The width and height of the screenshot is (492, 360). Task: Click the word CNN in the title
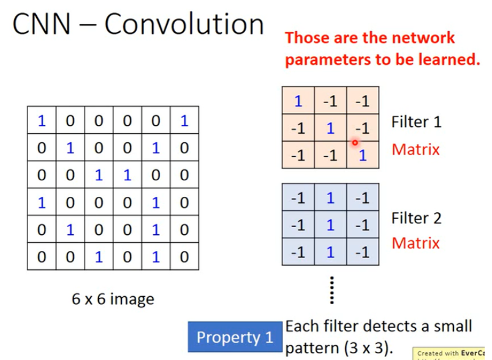pos(42,25)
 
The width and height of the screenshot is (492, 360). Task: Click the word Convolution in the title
pos(183,25)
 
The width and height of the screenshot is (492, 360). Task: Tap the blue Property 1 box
pos(235,337)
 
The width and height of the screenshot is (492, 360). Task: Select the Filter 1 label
pos(416,122)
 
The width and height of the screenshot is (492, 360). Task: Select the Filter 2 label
pos(416,218)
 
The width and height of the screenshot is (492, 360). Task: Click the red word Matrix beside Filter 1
pos(416,149)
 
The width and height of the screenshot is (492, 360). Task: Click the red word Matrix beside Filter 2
pos(416,243)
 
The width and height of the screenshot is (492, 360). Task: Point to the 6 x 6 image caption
pos(113,299)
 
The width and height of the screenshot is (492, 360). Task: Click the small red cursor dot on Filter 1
pos(355,143)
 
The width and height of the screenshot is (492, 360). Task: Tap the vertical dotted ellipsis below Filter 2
pos(331,289)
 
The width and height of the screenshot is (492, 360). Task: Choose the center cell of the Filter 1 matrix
pos(331,128)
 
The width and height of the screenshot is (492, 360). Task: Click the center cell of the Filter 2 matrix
pos(331,224)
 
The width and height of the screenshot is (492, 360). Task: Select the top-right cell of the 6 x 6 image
pos(183,121)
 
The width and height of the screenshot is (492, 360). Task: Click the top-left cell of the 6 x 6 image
pos(41,121)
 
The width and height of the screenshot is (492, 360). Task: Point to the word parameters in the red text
pos(325,59)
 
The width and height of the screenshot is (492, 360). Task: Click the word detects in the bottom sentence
pos(388,326)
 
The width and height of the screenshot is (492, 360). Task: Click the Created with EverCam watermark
pos(452,354)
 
